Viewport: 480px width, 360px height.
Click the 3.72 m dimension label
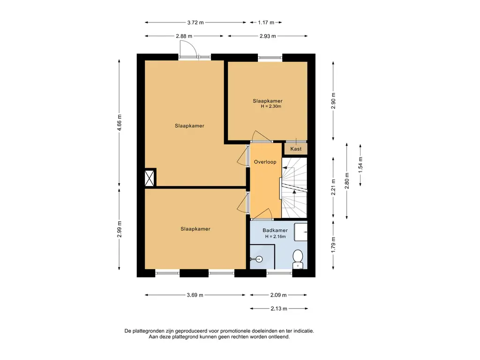[195, 22]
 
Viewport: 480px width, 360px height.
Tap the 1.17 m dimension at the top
[266, 22]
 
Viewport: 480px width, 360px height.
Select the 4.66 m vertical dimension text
[120, 122]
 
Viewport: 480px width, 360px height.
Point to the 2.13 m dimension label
[279, 308]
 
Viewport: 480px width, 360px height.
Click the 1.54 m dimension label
[360, 165]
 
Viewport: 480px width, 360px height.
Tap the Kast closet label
[296, 149]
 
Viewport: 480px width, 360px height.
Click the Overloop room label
[265, 162]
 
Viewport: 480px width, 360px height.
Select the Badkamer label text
[275, 231]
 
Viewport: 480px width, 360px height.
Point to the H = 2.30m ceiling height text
[271, 106]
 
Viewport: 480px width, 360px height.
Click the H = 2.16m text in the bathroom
[275, 237]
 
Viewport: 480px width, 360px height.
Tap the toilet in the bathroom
[298, 259]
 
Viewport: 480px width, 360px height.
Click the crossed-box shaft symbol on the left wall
[150, 178]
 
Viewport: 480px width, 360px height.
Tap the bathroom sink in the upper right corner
[300, 232]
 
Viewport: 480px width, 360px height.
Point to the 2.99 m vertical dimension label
[120, 229]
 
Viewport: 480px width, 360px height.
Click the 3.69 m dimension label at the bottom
[195, 295]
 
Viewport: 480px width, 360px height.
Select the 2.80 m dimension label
[347, 180]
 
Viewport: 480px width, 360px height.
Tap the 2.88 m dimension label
[184, 36]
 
